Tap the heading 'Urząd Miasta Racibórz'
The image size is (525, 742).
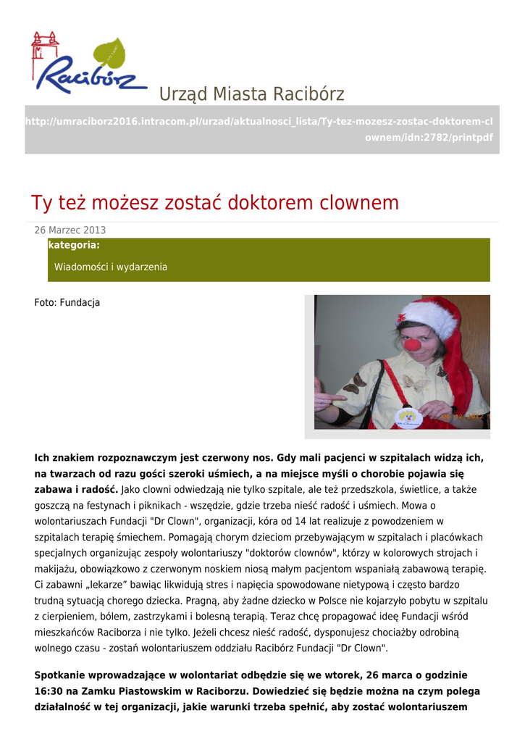[251, 94]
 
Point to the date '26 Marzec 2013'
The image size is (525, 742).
[70, 230]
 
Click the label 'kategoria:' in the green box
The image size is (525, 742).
[74, 246]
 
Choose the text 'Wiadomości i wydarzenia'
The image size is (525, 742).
[111, 267]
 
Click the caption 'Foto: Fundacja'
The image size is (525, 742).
[67, 303]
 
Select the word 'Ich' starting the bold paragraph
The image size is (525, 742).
[43, 458]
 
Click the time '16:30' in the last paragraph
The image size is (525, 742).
[48, 691]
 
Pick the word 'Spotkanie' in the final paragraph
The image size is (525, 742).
[61, 675]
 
